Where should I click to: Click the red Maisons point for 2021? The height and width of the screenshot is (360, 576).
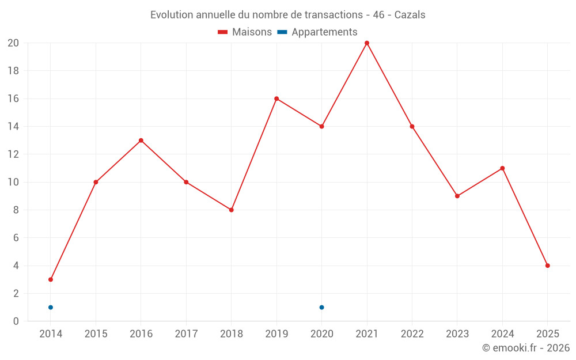pyautogui.click(x=367, y=43)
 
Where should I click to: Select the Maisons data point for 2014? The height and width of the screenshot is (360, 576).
pyautogui.click(x=51, y=279)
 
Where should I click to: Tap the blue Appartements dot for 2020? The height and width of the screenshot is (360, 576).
pyautogui.click(x=321, y=307)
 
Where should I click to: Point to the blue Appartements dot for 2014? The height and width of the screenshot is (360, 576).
pyautogui.click(x=51, y=307)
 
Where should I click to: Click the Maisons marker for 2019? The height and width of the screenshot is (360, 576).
pyautogui.click(x=276, y=98)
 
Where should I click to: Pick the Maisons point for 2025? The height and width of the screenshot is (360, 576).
pyautogui.click(x=547, y=266)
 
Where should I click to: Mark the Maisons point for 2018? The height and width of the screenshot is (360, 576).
pyautogui.click(x=231, y=210)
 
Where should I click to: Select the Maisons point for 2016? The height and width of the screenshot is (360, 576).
pyautogui.click(x=141, y=141)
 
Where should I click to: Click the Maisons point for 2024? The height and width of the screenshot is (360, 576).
pyautogui.click(x=502, y=168)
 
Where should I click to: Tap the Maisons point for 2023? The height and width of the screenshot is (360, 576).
pyautogui.click(x=457, y=196)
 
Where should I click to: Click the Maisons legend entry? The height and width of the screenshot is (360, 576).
pyautogui.click(x=245, y=32)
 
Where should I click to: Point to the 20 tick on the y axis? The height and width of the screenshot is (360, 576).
pyautogui.click(x=13, y=43)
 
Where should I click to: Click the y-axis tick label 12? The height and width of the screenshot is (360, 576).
pyautogui.click(x=13, y=154)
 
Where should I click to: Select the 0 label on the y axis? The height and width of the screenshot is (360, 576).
pyautogui.click(x=16, y=321)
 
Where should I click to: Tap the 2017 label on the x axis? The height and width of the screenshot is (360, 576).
pyautogui.click(x=186, y=334)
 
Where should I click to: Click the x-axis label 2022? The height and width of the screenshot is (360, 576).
pyautogui.click(x=412, y=334)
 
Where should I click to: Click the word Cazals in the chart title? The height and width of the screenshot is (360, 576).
pyautogui.click(x=410, y=15)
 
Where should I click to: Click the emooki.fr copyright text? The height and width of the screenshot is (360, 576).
pyautogui.click(x=526, y=348)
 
